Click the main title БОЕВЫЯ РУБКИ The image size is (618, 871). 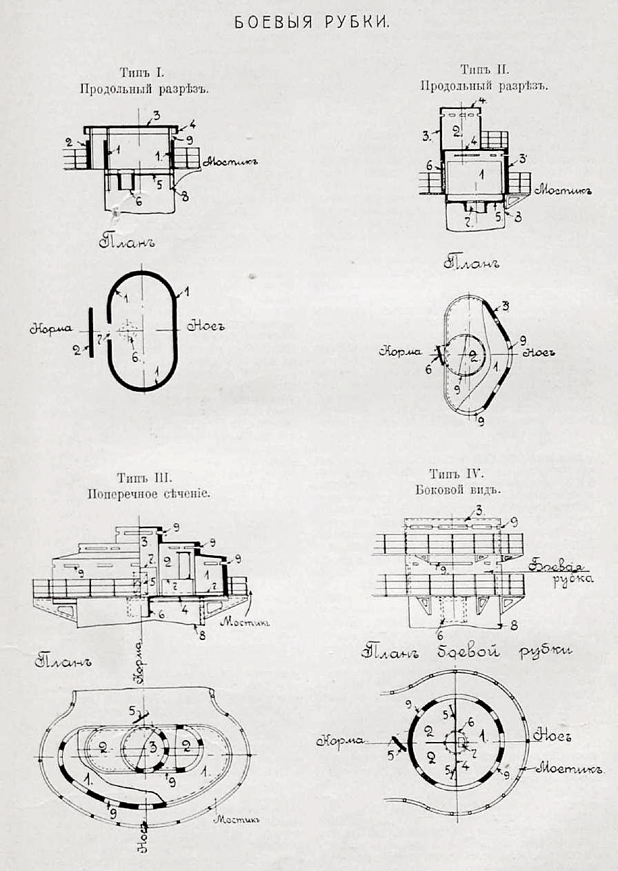click(x=312, y=23)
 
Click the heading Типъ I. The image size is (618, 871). click(x=140, y=72)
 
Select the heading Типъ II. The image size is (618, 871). click(x=484, y=70)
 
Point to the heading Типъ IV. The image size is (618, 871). click(x=457, y=474)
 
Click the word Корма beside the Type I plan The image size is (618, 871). click(x=48, y=329)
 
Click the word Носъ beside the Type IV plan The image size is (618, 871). click(x=555, y=737)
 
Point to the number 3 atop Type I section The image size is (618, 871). click(x=157, y=115)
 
